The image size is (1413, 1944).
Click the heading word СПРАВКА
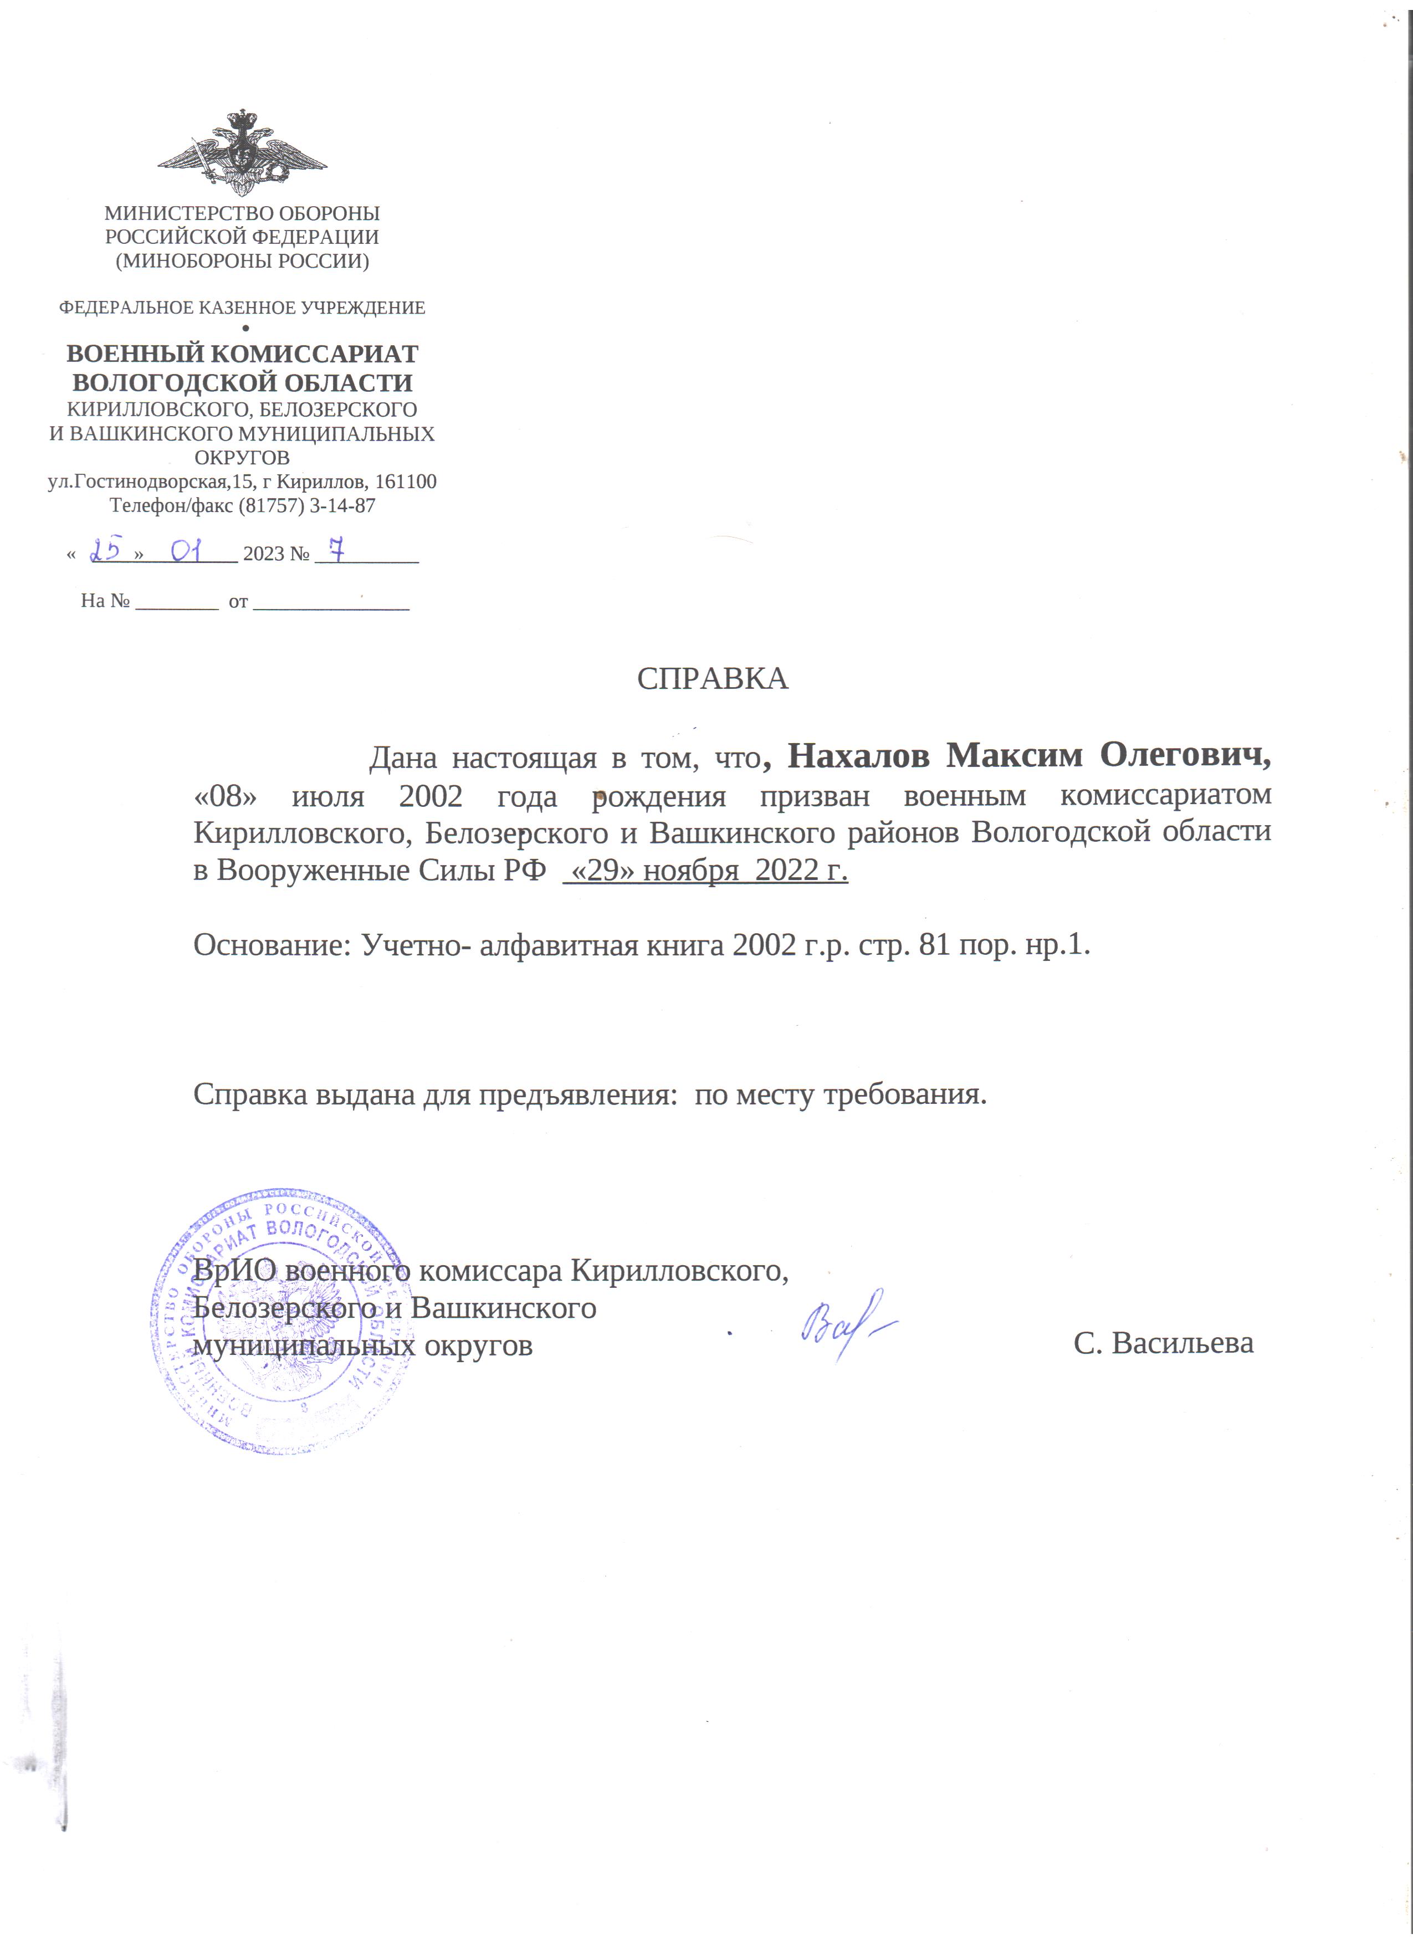click(x=712, y=679)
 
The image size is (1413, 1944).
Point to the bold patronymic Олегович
click(x=1185, y=756)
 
